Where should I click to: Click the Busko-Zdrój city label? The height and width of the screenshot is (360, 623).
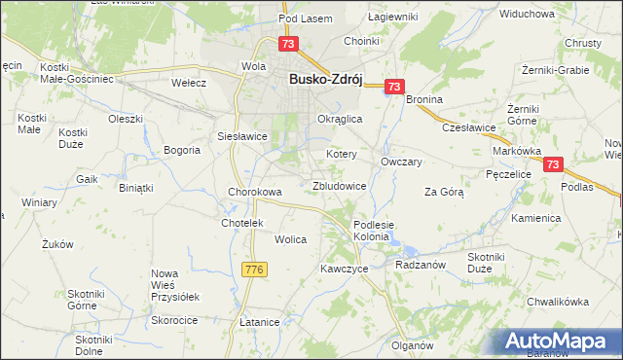pyautogui.click(x=325, y=82)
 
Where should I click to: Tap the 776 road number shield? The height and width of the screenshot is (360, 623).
pyautogui.click(x=255, y=269)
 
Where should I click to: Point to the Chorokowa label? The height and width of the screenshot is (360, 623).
pyautogui.click(x=255, y=192)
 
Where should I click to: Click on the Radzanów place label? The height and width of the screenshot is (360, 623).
pyautogui.click(x=421, y=264)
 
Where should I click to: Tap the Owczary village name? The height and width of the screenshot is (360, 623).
pyautogui.click(x=401, y=162)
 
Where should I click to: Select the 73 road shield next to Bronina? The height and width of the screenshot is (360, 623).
pyautogui.click(x=393, y=87)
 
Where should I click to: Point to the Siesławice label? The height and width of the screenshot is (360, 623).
pyautogui.click(x=242, y=136)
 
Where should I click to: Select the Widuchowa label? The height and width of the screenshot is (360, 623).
pyautogui.click(x=526, y=15)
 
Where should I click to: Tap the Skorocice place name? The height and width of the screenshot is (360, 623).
pyautogui.click(x=175, y=319)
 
